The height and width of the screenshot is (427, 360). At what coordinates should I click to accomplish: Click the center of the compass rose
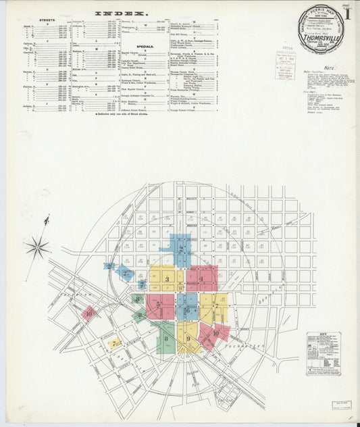pyautogui.click(x=38, y=247)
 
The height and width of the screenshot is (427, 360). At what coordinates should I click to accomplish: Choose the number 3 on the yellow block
pyautogui.click(x=166, y=278)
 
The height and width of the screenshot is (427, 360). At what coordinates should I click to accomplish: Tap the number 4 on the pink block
pyautogui.click(x=201, y=278)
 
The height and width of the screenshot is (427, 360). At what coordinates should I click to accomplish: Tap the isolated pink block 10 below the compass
pyautogui.click(x=88, y=313)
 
